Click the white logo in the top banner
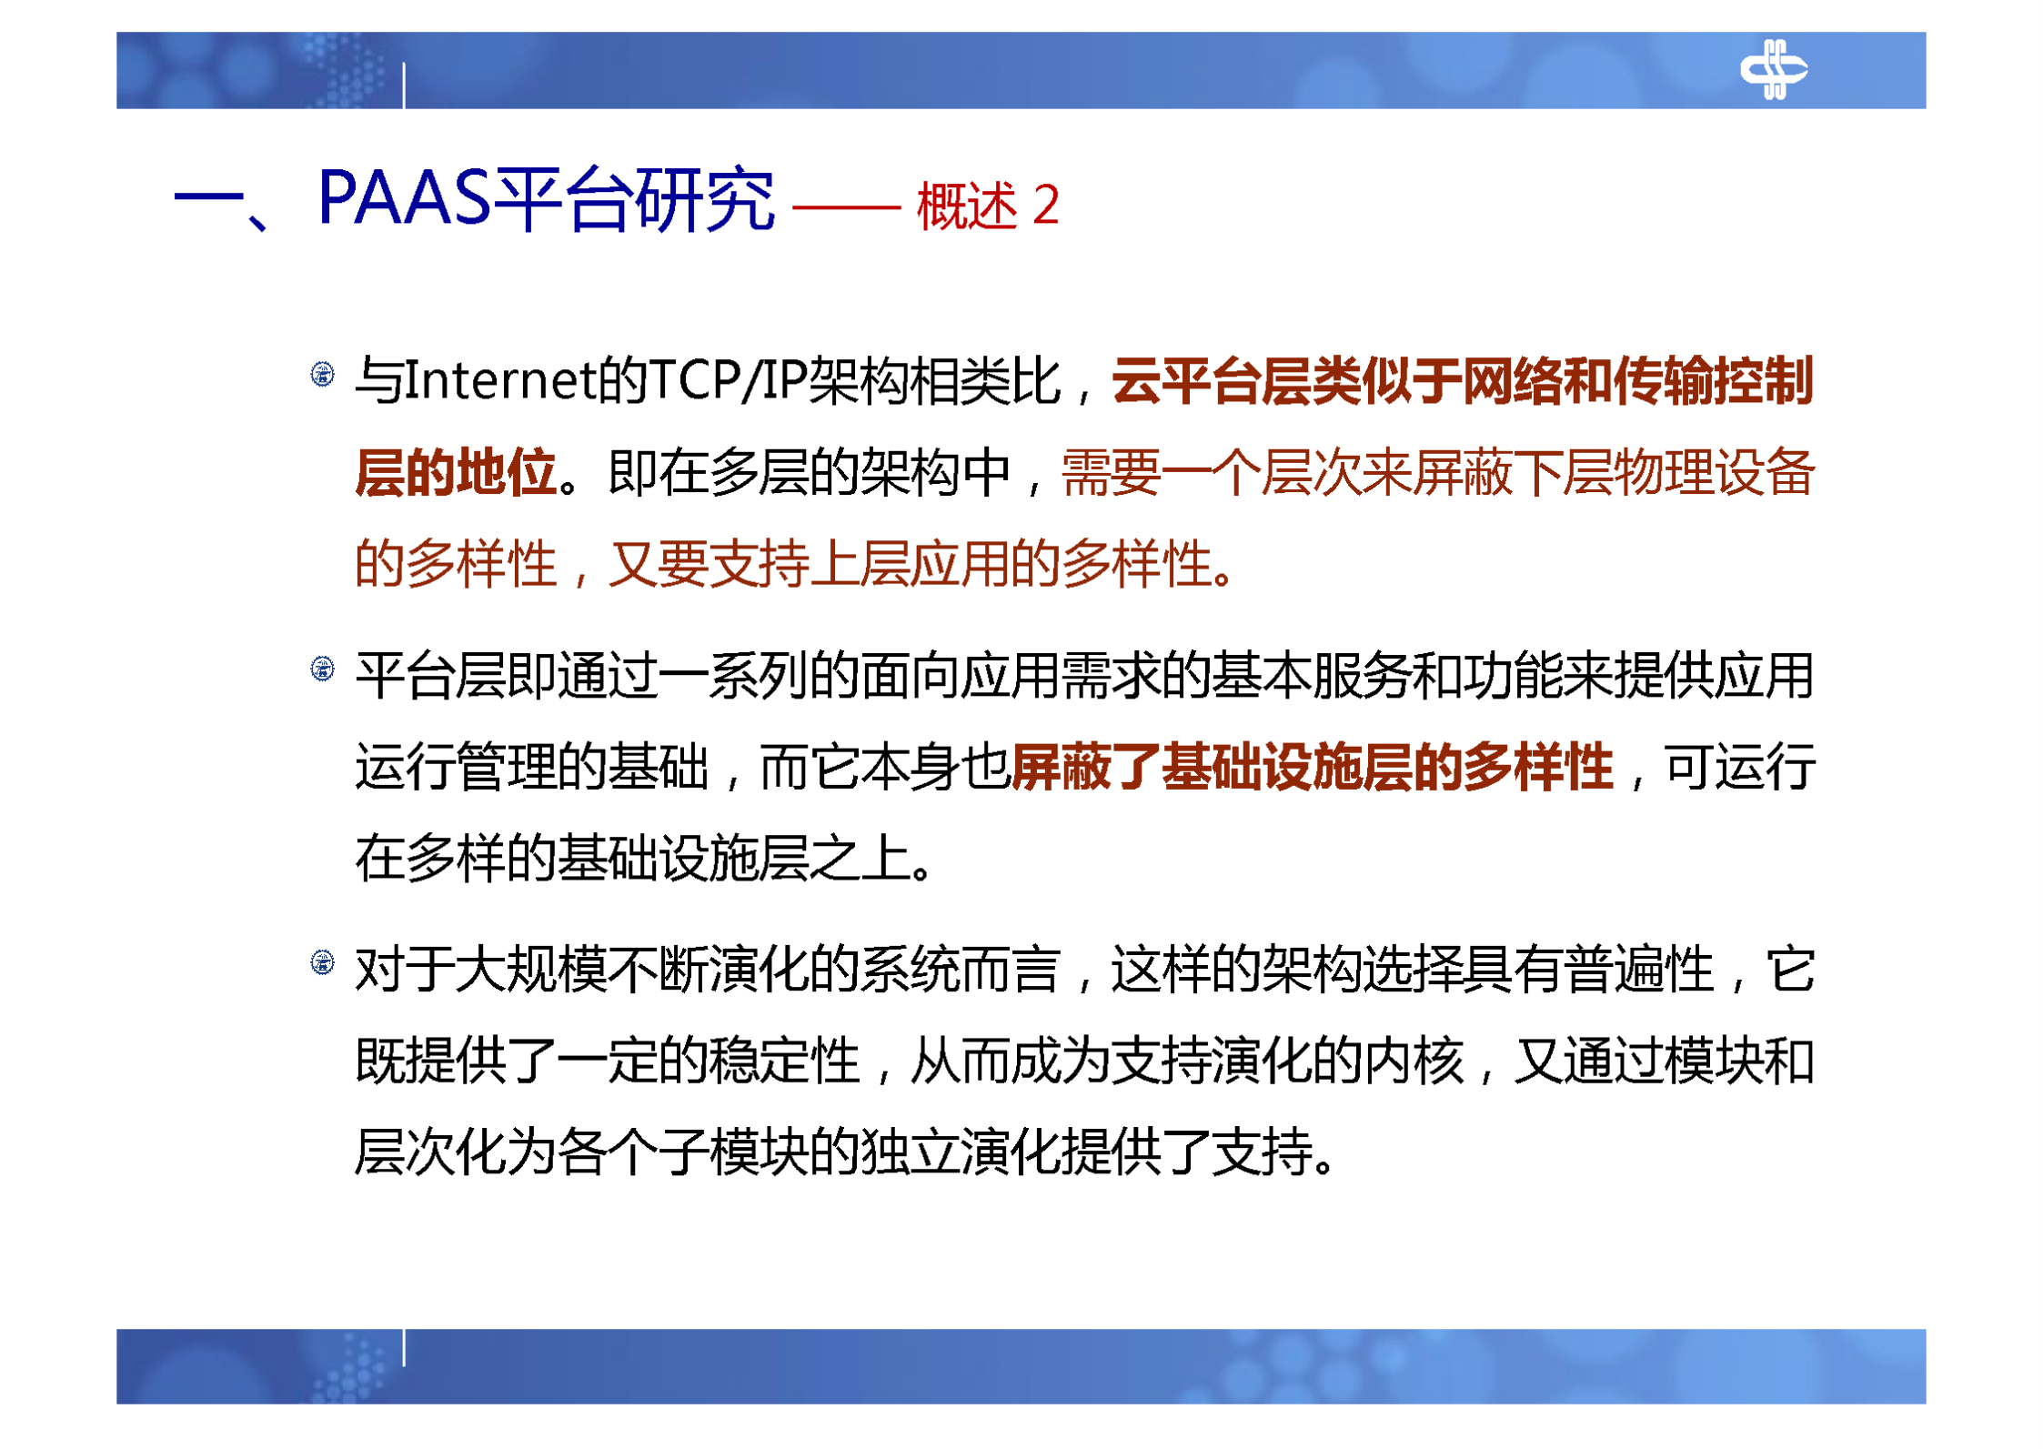(1772, 69)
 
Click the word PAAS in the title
(404, 198)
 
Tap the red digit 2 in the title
(1046, 205)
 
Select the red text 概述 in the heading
(966, 206)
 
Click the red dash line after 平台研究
(846, 207)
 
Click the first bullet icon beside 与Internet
(322, 374)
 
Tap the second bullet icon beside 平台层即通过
(322, 669)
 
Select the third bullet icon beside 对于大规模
(322, 962)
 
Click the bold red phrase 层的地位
(455, 473)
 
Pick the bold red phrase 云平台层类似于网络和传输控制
(1462, 380)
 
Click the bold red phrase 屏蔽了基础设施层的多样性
(1311, 767)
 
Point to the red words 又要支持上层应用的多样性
(910, 564)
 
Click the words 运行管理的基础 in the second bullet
(531, 767)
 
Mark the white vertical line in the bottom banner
(404, 1347)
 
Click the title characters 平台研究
(632, 198)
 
